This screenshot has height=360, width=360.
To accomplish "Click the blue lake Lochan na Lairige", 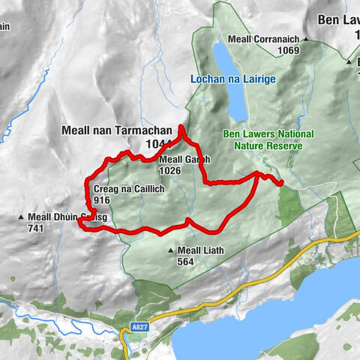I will click(229, 82).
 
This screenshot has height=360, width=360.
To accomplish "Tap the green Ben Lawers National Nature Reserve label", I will click(262, 139).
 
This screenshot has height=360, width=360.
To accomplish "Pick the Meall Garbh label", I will click(184, 160).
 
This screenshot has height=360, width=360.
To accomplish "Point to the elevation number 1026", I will click(169, 170).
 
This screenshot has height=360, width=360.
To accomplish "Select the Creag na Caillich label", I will click(129, 190).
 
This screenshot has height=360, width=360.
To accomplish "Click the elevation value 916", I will click(103, 200).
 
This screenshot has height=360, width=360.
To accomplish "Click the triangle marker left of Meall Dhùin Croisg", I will click(22, 218).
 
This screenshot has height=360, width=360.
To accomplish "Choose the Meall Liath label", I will click(202, 250).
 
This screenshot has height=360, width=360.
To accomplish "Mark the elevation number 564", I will click(186, 262).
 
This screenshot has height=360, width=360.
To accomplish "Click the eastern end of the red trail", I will click(280, 182).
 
